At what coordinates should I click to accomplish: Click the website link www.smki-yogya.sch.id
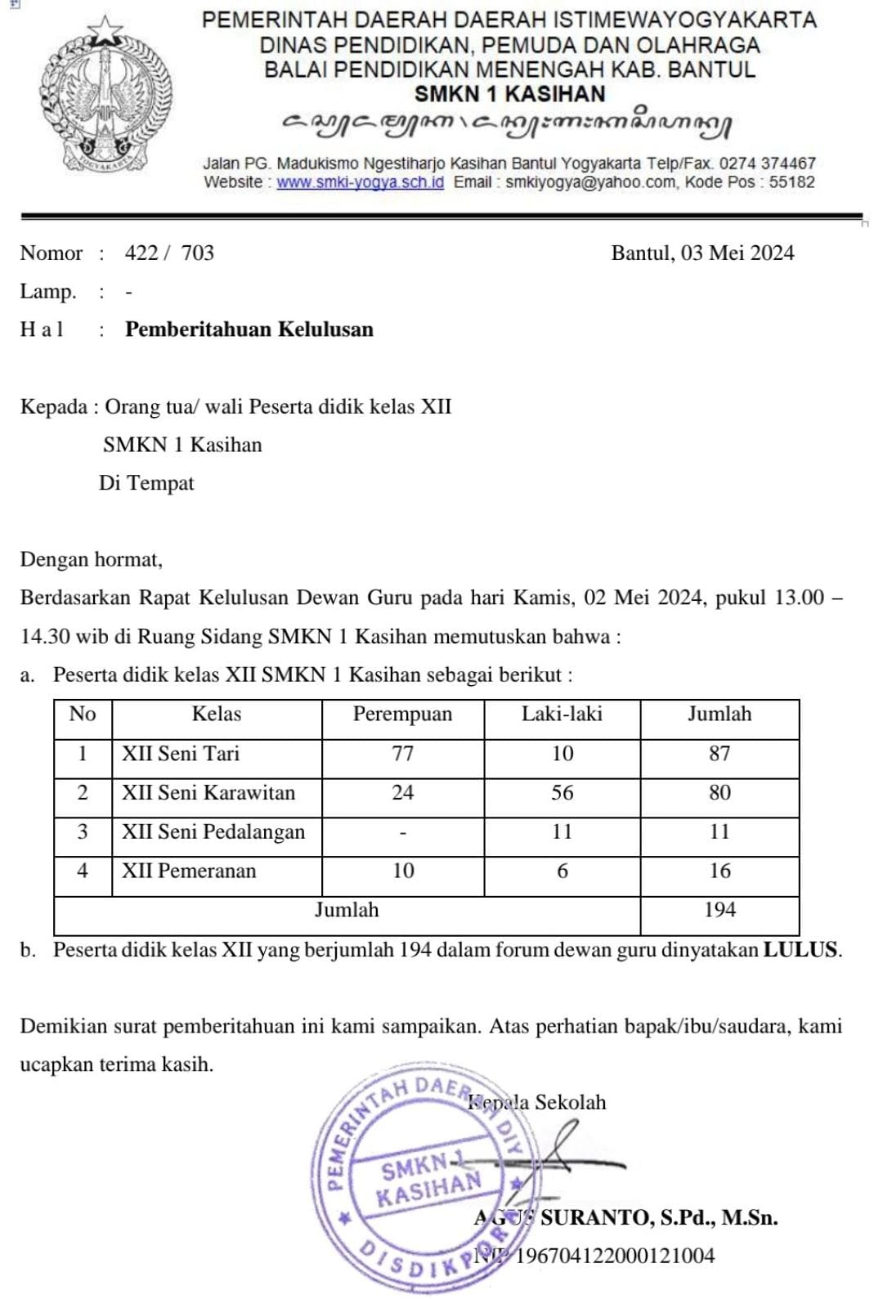[x=360, y=182]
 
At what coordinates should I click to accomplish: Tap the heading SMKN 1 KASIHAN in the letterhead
[x=509, y=94]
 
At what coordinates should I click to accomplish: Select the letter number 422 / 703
[x=169, y=253]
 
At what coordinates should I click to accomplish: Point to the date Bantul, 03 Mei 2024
[x=702, y=253]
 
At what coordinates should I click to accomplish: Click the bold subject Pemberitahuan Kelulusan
[x=249, y=329]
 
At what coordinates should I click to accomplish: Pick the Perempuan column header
[x=402, y=714]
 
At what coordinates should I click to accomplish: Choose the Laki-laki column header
[x=562, y=714]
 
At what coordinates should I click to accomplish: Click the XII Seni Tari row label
[x=181, y=754]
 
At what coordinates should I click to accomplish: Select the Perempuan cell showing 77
[x=402, y=754]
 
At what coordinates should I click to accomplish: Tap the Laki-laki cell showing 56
[x=562, y=793]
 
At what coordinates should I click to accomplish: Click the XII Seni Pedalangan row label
[x=213, y=832]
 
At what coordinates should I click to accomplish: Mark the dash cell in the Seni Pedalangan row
[x=402, y=833]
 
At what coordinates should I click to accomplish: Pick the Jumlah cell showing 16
[x=719, y=871]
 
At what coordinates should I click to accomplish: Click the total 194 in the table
[x=719, y=910]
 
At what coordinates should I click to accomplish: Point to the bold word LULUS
[x=800, y=950]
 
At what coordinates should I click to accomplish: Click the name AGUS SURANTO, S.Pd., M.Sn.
[x=626, y=1218]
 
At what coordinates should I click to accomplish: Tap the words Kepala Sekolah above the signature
[x=537, y=1103]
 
